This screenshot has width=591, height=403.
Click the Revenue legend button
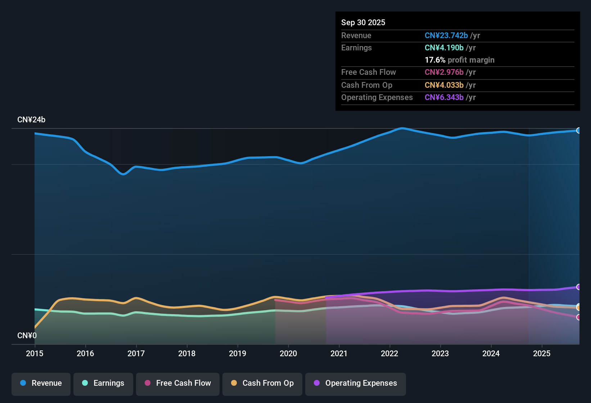(41, 383)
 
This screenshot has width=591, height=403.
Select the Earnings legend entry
(103, 383)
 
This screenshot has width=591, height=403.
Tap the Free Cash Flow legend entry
(178, 383)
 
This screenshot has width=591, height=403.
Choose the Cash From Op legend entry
(262, 383)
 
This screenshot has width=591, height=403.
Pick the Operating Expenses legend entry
(356, 383)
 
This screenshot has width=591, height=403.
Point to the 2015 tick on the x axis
(35, 353)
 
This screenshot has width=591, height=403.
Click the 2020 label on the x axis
(288, 353)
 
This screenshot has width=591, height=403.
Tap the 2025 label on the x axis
(542, 353)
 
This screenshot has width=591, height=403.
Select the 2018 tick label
(187, 353)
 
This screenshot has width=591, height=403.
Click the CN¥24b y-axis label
(31, 120)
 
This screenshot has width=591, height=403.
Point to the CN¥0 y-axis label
(27, 336)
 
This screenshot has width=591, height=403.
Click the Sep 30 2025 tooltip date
(363, 22)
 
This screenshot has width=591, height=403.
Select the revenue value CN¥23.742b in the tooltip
(446, 35)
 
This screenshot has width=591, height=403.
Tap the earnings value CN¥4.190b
(444, 47)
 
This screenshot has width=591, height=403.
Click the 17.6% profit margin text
(459, 60)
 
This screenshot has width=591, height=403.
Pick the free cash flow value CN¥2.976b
(444, 72)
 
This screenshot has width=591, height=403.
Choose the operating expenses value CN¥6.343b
(444, 97)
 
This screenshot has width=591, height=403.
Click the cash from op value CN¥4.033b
(444, 85)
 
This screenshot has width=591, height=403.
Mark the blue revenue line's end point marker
(578, 130)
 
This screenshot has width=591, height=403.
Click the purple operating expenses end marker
(578, 287)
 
